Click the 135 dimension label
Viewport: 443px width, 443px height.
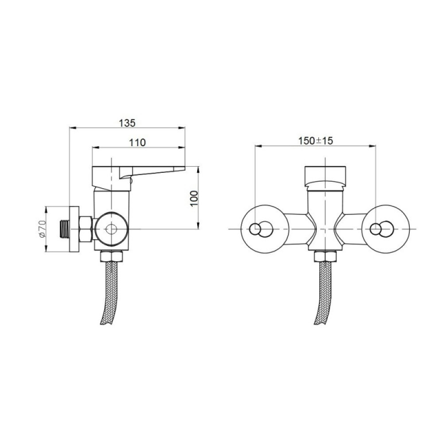point(127,123)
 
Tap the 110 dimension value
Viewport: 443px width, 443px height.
point(138,143)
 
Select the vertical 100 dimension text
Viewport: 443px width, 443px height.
point(194,198)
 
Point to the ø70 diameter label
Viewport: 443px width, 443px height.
point(42,229)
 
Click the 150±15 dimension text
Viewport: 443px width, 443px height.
point(316,140)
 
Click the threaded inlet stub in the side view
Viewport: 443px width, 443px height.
point(65,229)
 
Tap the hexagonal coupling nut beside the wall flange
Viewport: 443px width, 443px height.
point(85,229)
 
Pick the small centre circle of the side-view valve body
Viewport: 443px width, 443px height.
point(111,229)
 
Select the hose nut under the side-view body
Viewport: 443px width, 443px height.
point(112,256)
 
